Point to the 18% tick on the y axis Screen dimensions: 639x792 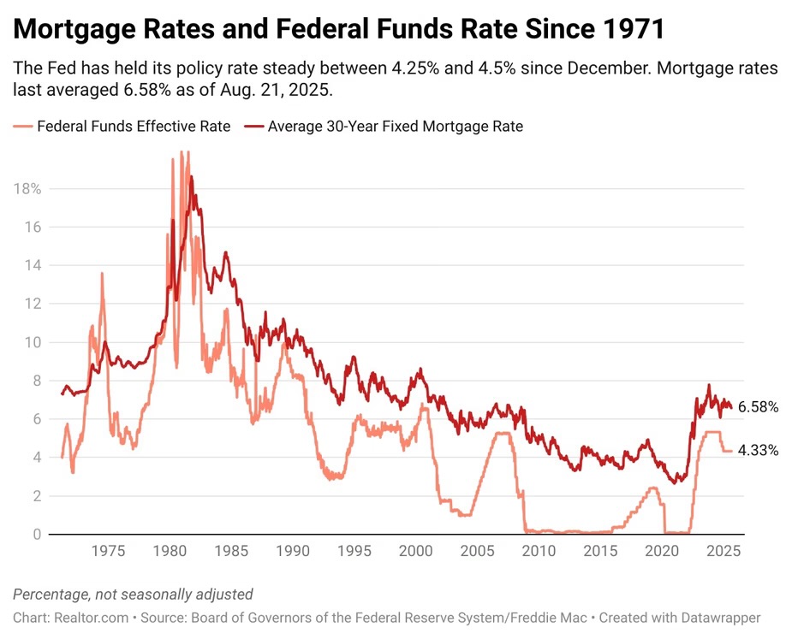(x=27, y=188)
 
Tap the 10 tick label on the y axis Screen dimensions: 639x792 (x=33, y=342)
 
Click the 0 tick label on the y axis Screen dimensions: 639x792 (x=37, y=535)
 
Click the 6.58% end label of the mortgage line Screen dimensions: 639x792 (x=758, y=407)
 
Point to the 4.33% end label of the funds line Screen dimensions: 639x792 (x=758, y=450)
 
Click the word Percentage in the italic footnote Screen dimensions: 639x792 (x=48, y=595)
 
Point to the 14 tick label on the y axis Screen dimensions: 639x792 (x=33, y=265)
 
